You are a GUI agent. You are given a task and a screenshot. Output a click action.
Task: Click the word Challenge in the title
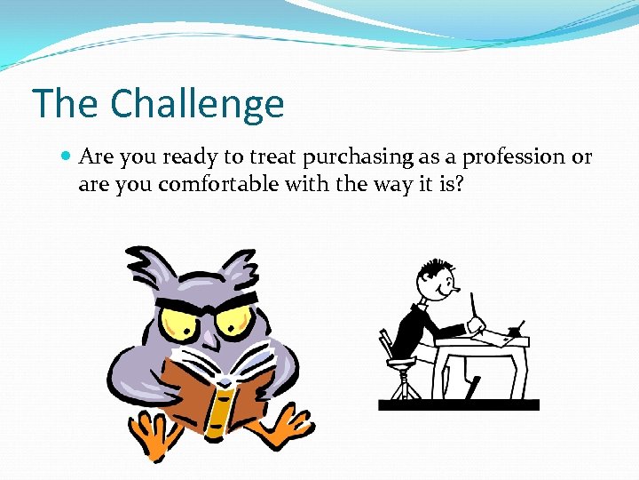198,105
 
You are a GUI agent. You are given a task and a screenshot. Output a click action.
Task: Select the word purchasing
358,157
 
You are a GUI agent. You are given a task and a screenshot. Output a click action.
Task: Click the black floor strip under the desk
458,404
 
